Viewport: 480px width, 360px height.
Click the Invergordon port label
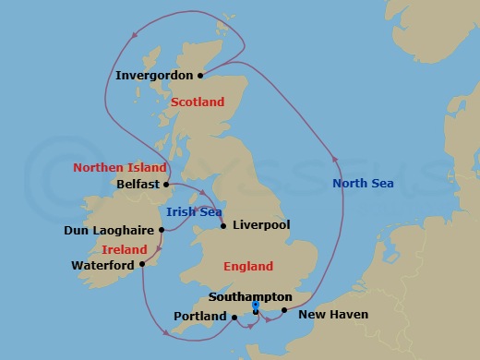click(154, 75)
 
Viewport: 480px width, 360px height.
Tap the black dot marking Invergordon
click(200, 75)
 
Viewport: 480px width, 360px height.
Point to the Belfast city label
click(138, 184)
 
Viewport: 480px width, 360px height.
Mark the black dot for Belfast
click(167, 184)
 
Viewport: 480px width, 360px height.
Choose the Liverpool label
click(261, 224)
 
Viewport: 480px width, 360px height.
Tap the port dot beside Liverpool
click(223, 224)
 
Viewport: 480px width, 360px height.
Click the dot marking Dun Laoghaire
click(153, 230)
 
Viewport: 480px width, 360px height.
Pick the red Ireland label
click(125, 249)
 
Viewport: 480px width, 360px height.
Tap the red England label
click(248, 267)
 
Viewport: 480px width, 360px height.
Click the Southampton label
click(250, 297)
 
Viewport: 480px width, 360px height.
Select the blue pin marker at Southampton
click(255, 306)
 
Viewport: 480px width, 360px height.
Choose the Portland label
click(199, 316)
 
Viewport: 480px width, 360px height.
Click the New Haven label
click(332, 315)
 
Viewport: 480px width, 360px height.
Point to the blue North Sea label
click(363, 183)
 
